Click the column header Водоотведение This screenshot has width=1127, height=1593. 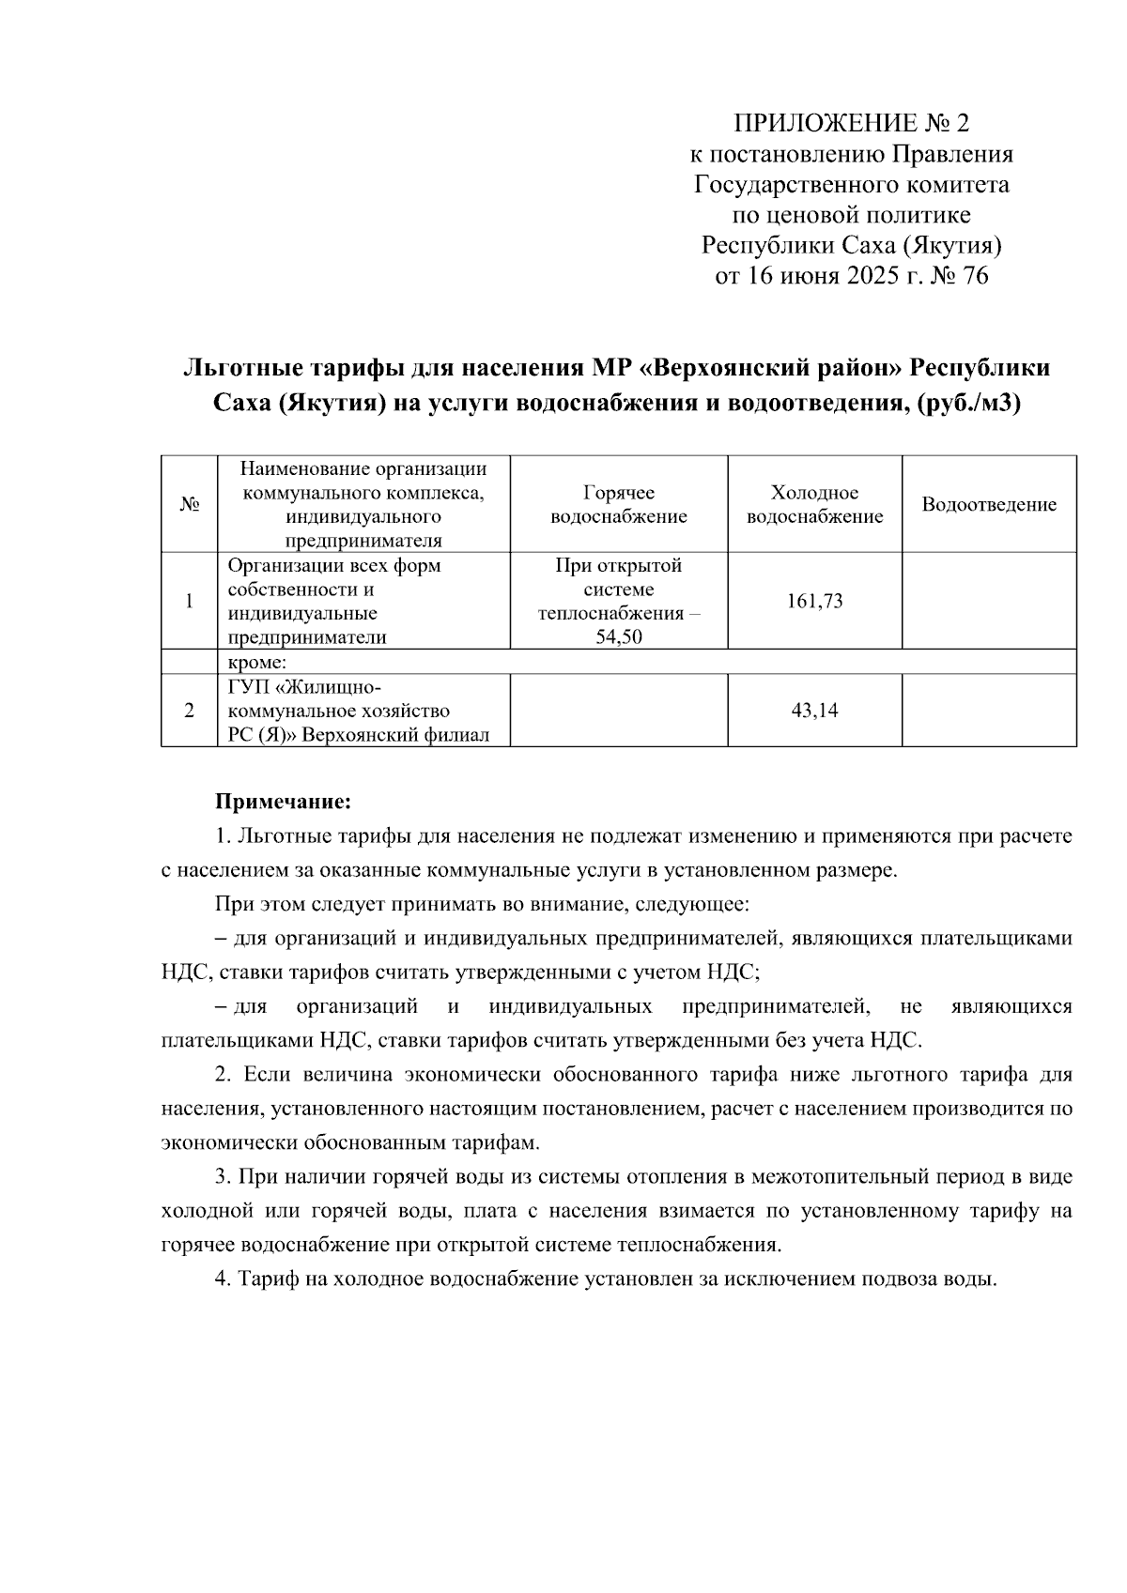point(988,505)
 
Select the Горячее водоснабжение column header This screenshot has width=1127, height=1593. point(618,505)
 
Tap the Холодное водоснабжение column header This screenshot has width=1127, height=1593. point(814,505)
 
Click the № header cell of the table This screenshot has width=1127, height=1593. point(189,505)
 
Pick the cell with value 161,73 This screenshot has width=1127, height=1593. point(814,602)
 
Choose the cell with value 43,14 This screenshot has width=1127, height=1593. point(814,711)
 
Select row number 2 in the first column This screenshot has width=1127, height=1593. point(189,711)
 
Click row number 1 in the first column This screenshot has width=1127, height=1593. point(189,602)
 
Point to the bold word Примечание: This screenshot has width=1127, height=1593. point(283,802)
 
